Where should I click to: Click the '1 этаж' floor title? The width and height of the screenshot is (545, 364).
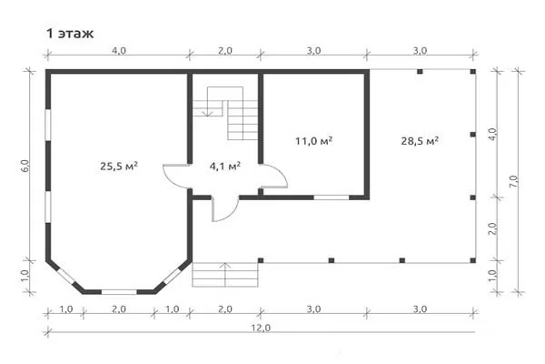coord(70,34)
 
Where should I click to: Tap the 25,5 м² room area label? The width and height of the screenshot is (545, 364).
coord(119,167)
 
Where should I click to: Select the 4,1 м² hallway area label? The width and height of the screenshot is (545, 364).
coord(225,167)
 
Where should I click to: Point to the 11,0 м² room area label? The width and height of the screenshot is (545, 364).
coord(314,141)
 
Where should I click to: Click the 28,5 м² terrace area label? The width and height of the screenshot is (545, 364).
coord(420,141)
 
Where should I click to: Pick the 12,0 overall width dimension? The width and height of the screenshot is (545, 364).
coord(262,328)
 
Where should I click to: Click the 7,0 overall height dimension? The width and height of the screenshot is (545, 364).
coord(514,182)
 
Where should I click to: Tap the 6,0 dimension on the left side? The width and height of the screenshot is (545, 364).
coord(25,167)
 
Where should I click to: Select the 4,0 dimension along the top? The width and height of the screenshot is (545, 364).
coord(119,51)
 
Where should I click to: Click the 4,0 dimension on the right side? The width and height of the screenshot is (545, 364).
coord(493,134)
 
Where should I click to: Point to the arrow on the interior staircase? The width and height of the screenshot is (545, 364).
coord(208,101)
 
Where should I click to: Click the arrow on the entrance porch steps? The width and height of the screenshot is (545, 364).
coord(225,275)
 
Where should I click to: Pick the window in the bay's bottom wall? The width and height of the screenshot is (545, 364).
coord(119,292)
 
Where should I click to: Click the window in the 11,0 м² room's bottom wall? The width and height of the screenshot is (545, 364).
coord(332,197)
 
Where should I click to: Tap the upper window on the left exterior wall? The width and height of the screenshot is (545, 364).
coord(48,125)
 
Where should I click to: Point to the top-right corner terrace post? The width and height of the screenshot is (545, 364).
coord(472,72)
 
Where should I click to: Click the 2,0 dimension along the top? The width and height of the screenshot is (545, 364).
coord(225,51)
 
